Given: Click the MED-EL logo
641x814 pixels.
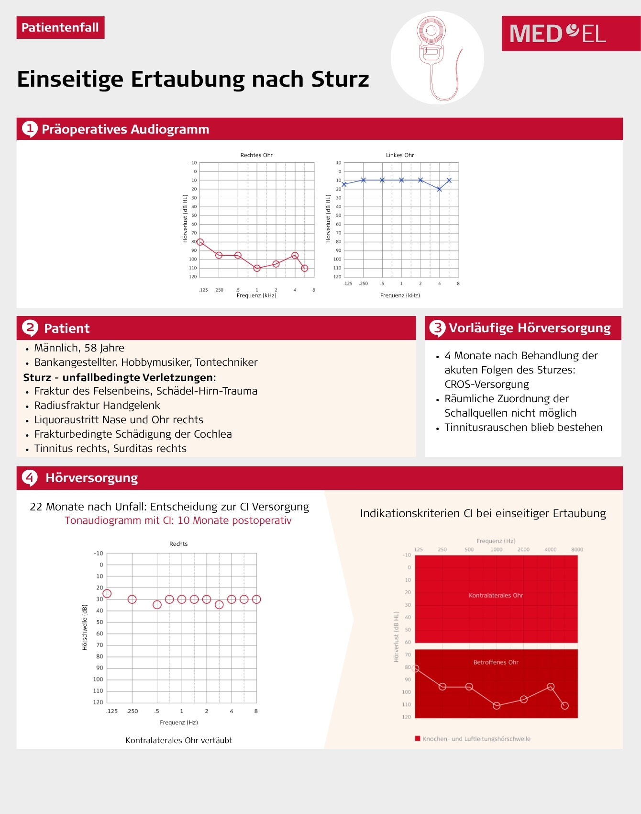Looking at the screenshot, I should coord(558,34).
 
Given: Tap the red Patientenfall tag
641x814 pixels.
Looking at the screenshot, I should coord(60,28).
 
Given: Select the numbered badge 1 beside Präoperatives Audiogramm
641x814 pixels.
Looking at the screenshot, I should coord(30,129).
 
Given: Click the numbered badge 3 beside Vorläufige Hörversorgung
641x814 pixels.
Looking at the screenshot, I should coord(437,328).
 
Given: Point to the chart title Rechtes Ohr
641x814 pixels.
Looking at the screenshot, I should coord(256,155).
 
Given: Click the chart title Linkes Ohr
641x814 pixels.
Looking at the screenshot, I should coord(400,155).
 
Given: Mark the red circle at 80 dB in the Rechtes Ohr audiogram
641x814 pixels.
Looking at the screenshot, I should coord(200,242).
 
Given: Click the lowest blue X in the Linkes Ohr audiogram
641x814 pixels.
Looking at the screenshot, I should coord(439,189).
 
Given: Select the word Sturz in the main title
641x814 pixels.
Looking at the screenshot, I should coord(340,79).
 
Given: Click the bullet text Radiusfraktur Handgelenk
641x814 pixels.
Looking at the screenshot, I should coord(97,406).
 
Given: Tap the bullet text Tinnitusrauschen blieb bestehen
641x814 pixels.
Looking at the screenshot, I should coord(523,428).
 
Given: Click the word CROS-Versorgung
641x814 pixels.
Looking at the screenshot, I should coord(486,384).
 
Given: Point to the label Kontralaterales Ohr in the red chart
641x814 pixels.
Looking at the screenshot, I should coord(496,596).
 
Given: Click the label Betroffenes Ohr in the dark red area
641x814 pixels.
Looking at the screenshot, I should coord(496,663).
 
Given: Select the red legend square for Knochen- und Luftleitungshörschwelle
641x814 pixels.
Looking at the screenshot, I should coord(418,739).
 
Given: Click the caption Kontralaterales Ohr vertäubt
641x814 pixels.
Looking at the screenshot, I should coord(179,740).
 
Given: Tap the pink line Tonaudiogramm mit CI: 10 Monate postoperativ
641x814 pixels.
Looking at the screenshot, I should coord(178,520).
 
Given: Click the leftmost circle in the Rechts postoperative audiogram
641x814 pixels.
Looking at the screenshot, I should coord(107,594).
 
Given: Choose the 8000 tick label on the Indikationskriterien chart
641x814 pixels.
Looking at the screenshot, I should coord(577,550).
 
